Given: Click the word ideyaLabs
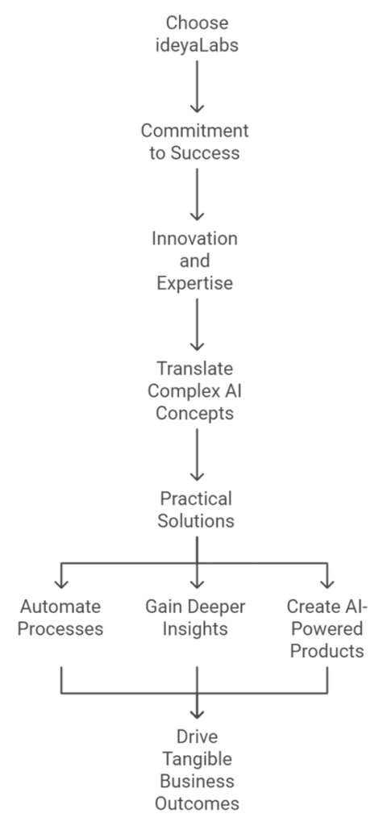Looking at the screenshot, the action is pos(197,45).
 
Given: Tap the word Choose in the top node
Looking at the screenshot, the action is pos(197,23).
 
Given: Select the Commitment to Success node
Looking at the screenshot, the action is pos(194,142).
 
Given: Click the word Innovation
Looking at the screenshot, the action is pos(194,239).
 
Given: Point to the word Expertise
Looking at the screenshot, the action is pos(194,283).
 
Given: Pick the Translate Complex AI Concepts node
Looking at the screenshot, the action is pos(194,391).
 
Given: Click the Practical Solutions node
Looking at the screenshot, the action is pos(196,510).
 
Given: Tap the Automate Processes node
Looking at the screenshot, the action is pos(60,618).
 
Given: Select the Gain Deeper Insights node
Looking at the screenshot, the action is pos(195,618).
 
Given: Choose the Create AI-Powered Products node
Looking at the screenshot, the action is pos(327,629).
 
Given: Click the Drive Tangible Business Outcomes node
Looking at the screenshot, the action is pos(197,770).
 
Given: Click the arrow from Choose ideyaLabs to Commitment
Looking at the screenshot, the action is pos(197,86).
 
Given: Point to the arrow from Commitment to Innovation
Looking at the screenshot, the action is pos(197,194).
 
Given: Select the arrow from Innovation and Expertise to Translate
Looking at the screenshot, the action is pos(197,324).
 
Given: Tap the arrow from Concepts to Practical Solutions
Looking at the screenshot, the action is pos(197,454).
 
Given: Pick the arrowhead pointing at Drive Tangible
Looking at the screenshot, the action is pos(197,714).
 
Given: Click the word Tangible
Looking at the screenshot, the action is pos(197,760).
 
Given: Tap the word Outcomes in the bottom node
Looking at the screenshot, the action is pos(197,804).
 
